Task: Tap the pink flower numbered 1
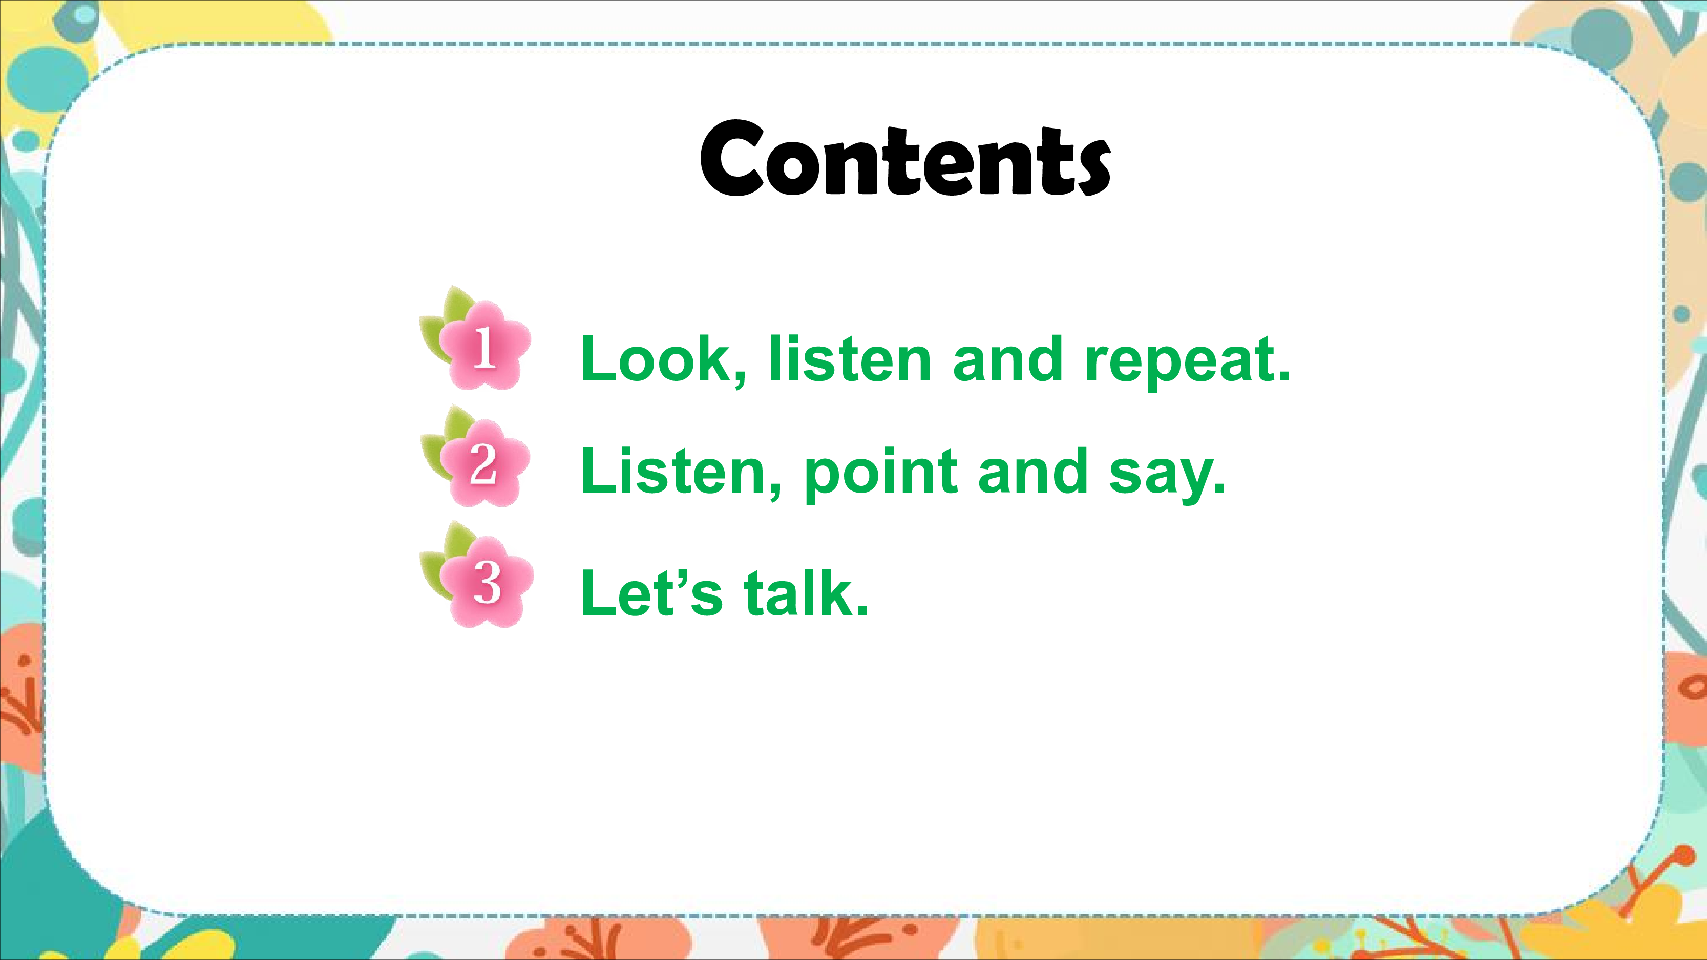point(485,346)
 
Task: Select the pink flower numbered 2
point(485,463)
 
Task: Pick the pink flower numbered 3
point(487,582)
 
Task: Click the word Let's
point(651,592)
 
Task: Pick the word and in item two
point(1033,471)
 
